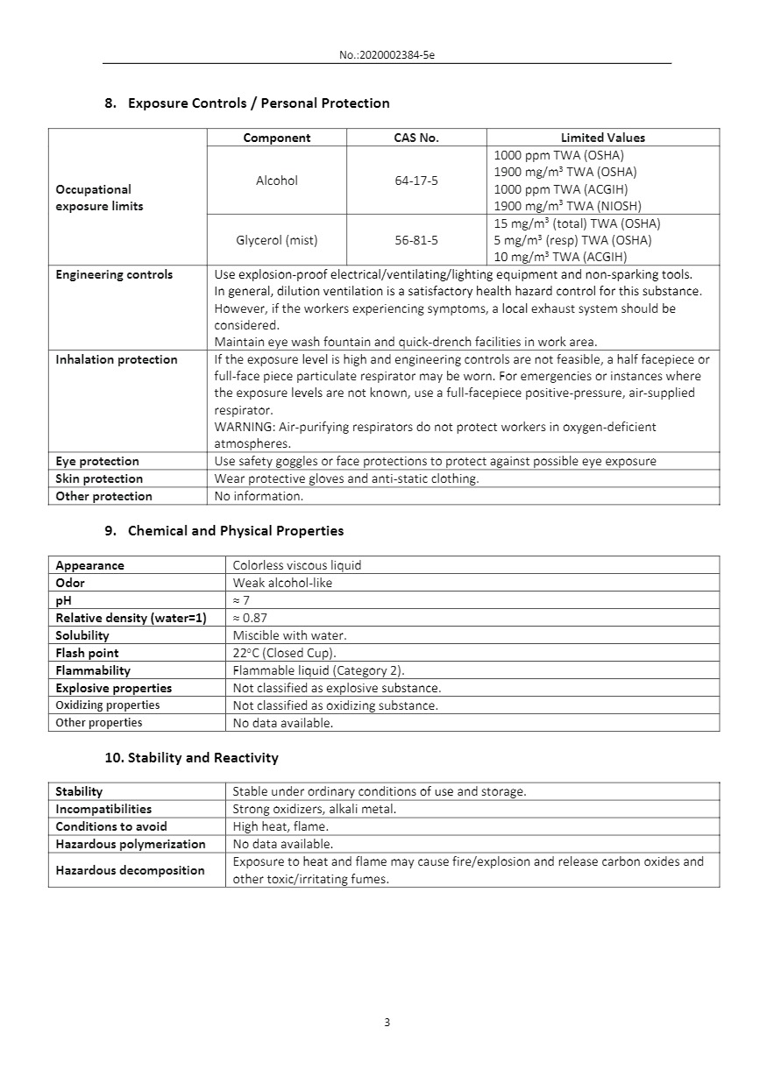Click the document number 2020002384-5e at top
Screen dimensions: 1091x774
(x=387, y=55)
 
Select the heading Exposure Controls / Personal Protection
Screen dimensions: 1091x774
(x=259, y=103)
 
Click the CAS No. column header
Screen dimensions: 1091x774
(x=416, y=138)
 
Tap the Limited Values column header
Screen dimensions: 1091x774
(x=602, y=138)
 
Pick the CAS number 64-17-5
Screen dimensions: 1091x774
(x=416, y=181)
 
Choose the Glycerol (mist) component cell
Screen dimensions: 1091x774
(x=277, y=240)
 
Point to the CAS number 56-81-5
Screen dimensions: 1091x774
(x=416, y=240)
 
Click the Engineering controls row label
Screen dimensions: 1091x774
(x=114, y=275)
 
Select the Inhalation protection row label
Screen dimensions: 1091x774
(x=117, y=360)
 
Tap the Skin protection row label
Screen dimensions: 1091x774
(x=99, y=478)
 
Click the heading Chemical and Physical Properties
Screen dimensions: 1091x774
(x=236, y=531)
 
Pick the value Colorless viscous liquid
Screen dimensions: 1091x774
(x=297, y=565)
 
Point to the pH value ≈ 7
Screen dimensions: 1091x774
(x=241, y=600)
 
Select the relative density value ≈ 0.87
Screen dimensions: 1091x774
(x=250, y=618)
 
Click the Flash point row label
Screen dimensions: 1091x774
(x=87, y=653)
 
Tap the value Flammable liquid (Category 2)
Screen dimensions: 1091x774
(x=318, y=670)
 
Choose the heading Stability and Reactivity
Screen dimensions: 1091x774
(x=202, y=758)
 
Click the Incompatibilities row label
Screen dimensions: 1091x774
(x=103, y=809)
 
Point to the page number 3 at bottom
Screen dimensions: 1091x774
(x=387, y=1023)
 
